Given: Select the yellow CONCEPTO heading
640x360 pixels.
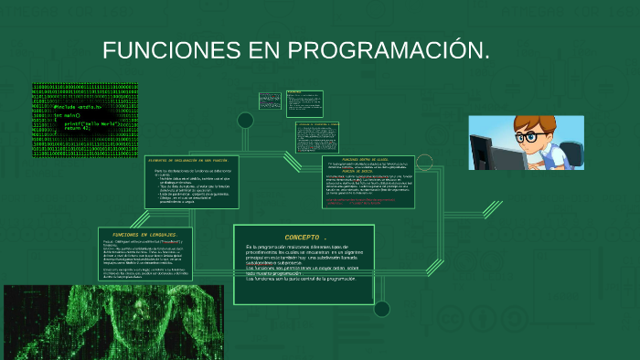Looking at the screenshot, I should (305, 236).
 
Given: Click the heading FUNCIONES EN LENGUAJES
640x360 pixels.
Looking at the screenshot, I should (138, 234).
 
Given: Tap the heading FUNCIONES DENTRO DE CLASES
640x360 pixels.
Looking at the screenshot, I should (370, 159).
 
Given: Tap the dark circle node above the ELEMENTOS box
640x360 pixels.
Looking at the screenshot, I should (245, 121).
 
